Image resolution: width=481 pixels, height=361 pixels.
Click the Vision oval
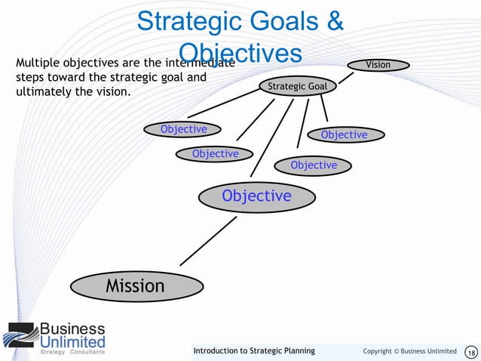(378, 65)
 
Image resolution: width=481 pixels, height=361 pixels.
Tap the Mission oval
(135, 286)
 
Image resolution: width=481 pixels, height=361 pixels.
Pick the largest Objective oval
(256, 196)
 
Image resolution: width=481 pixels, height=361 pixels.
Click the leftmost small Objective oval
(183, 130)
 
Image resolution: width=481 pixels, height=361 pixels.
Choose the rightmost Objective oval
(344, 135)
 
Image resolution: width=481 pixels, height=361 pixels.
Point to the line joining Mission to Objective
(208, 241)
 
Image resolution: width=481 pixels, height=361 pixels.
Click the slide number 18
(472, 352)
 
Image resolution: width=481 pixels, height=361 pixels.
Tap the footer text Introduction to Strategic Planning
(254, 351)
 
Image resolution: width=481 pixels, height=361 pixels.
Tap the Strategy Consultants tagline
(72, 353)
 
